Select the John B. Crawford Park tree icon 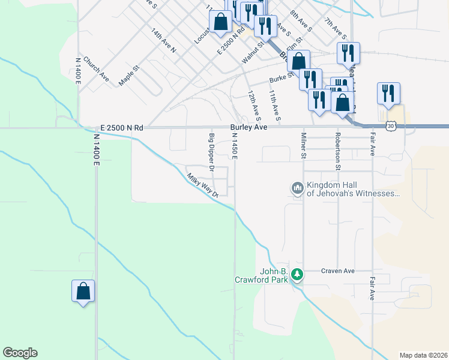(x=296, y=275)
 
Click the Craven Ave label (x=337, y=271)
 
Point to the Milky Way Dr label (x=205, y=185)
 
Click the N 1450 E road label (x=235, y=146)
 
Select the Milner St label (x=304, y=146)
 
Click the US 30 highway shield (x=391, y=126)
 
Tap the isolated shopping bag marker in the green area (x=83, y=292)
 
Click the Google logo (x=20, y=353)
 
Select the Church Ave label (x=96, y=69)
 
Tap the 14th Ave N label (x=163, y=40)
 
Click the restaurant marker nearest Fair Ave (x=388, y=94)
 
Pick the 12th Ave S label (x=254, y=104)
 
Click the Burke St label (x=280, y=78)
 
